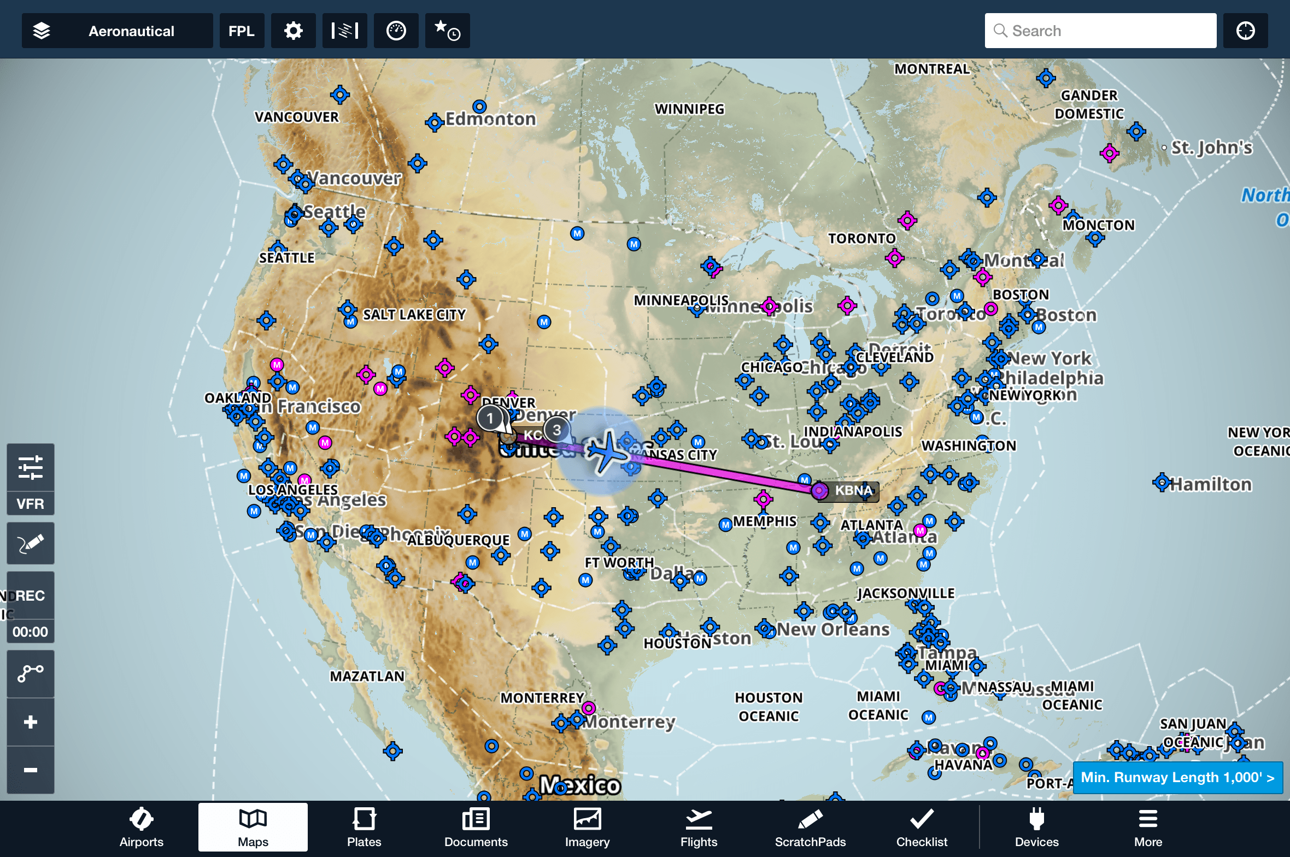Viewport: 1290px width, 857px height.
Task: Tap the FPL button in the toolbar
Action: (x=241, y=31)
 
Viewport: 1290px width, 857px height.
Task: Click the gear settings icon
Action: (x=294, y=31)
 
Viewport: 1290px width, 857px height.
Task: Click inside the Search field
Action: (x=1110, y=31)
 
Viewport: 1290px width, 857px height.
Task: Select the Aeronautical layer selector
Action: (x=117, y=31)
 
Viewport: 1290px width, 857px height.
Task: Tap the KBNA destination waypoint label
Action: (x=853, y=490)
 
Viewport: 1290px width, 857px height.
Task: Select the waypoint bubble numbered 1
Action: (x=490, y=418)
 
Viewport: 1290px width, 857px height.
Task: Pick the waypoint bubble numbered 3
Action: (x=556, y=430)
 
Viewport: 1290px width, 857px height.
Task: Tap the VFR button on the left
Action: (x=30, y=503)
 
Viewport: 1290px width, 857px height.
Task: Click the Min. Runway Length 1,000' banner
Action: (x=1177, y=777)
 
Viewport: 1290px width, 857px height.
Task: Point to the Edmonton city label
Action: (x=490, y=119)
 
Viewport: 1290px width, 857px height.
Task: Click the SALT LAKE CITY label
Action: (x=414, y=315)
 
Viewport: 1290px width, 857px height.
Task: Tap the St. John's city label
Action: (x=1211, y=148)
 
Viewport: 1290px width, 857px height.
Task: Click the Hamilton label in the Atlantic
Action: (x=1210, y=484)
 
